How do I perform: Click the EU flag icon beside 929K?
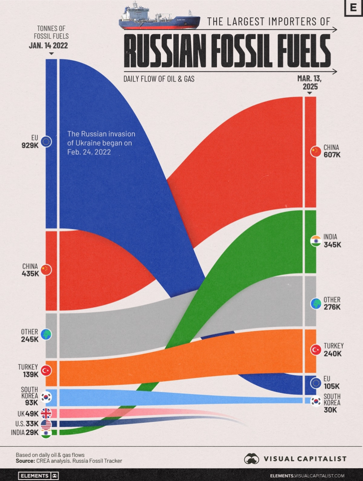(x=46, y=142)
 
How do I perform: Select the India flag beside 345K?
(x=315, y=241)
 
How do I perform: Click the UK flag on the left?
(x=46, y=413)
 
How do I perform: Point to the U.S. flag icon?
(x=46, y=424)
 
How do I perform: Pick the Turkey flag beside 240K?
(x=315, y=349)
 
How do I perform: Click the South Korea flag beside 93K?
(x=46, y=397)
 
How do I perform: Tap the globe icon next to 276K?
(x=315, y=303)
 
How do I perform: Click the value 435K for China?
(x=30, y=273)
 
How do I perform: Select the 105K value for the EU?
(x=332, y=386)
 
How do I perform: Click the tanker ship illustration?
(x=159, y=18)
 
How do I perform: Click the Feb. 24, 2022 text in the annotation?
(x=89, y=152)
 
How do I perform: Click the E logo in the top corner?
(x=352, y=9)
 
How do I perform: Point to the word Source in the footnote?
(x=25, y=461)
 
